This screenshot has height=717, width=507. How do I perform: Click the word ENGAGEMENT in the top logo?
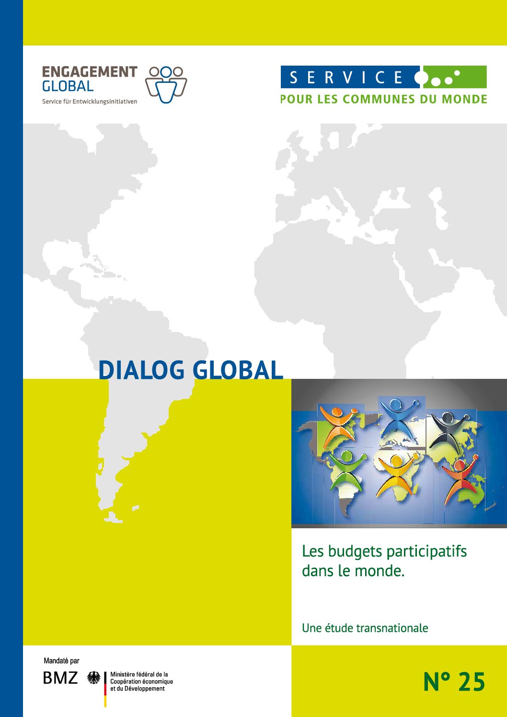(x=90, y=72)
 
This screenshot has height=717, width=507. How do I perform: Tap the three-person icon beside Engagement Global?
(x=166, y=85)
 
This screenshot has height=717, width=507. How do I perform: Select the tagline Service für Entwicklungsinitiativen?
(x=90, y=102)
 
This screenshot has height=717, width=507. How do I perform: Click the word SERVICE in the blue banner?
(x=346, y=78)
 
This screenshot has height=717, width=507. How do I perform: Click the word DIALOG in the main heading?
(x=141, y=370)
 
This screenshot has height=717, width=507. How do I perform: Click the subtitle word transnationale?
(x=392, y=628)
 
